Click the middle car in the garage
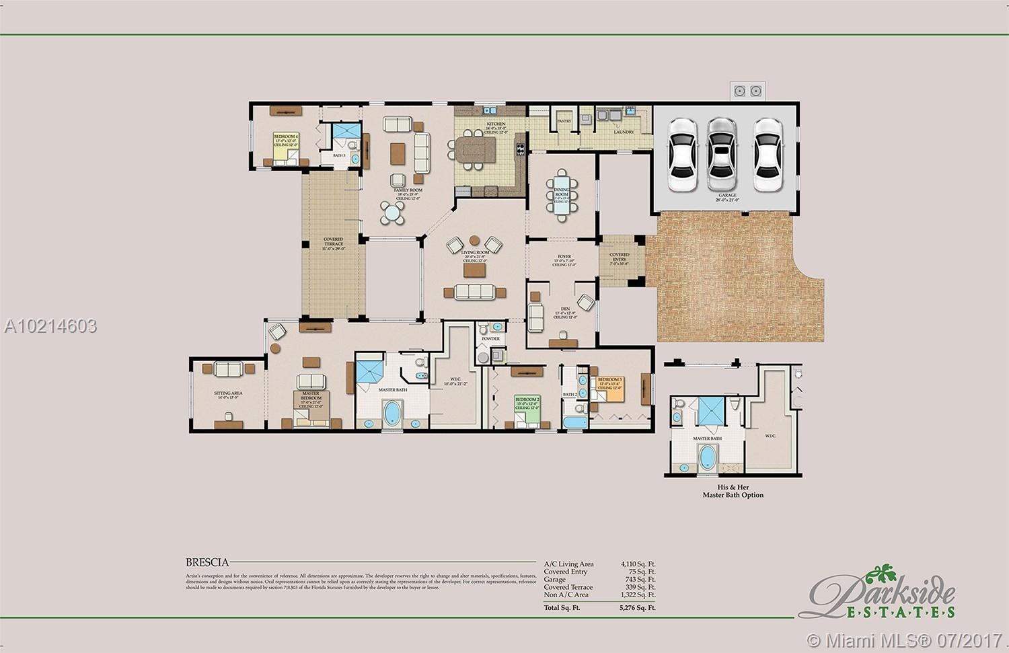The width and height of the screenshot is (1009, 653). (720, 155)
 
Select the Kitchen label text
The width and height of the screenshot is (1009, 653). (496, 124)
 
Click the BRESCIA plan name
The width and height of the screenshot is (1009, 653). (207, 562)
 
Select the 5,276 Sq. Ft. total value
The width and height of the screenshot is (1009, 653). (638, 608)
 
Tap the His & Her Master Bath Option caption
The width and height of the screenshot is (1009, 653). (733, 491)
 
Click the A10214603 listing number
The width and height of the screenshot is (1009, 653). (50, 326)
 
